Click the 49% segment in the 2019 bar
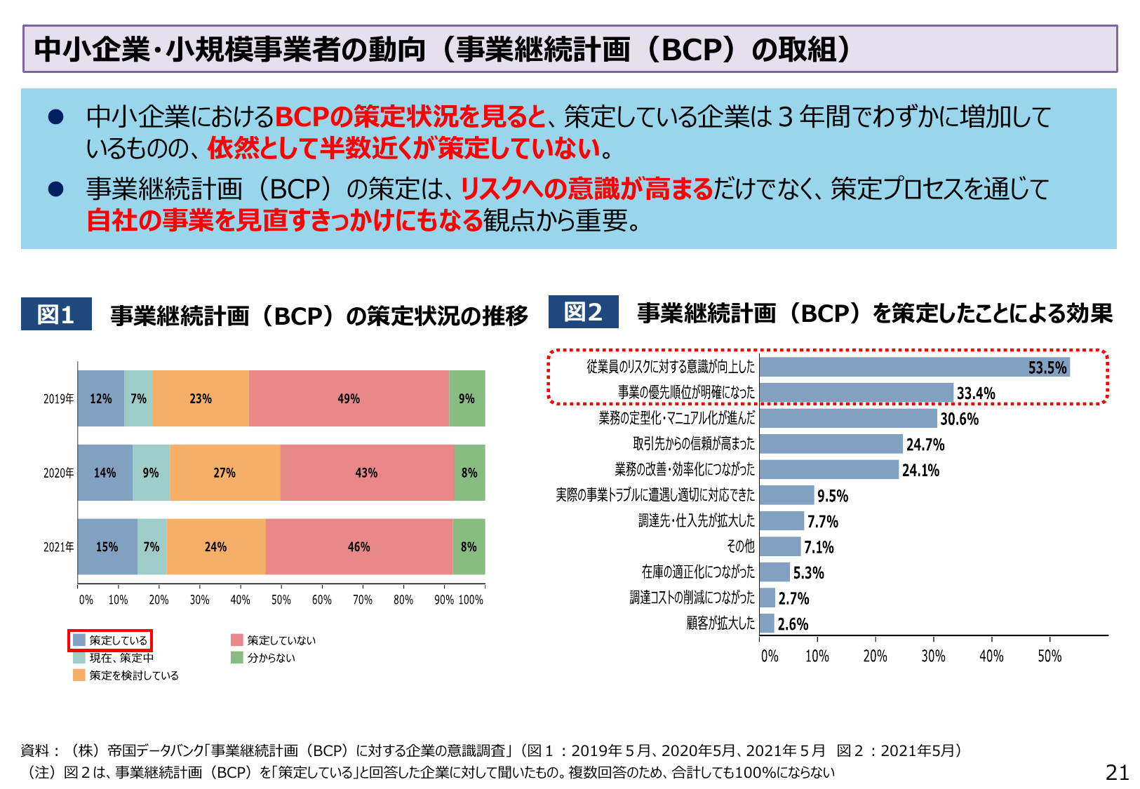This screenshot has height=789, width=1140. click(349, 398)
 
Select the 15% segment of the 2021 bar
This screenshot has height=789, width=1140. click(107, 546)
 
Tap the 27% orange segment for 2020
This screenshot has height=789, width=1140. click(224, 473)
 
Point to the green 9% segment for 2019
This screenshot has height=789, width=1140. click(467, 398)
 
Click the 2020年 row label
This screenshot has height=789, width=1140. click(58, 473)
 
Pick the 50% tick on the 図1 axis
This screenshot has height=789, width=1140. click(281, 600)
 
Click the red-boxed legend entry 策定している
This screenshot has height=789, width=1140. click(110, 640)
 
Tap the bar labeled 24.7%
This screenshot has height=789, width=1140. click(831, 444)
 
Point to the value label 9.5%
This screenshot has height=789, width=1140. click(833, 496)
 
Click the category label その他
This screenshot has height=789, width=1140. click(740, 546)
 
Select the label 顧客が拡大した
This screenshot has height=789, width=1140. click(720, 623)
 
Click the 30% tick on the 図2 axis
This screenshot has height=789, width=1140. click(933, 656)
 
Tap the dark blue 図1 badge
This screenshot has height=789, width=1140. click(56, 314)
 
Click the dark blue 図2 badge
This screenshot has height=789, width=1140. click(583, 312)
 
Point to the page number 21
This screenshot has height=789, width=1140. click(1117, 772)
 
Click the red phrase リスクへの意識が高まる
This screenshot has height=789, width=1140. click(586, 189)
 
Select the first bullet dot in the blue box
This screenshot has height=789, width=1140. click(55, 117)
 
